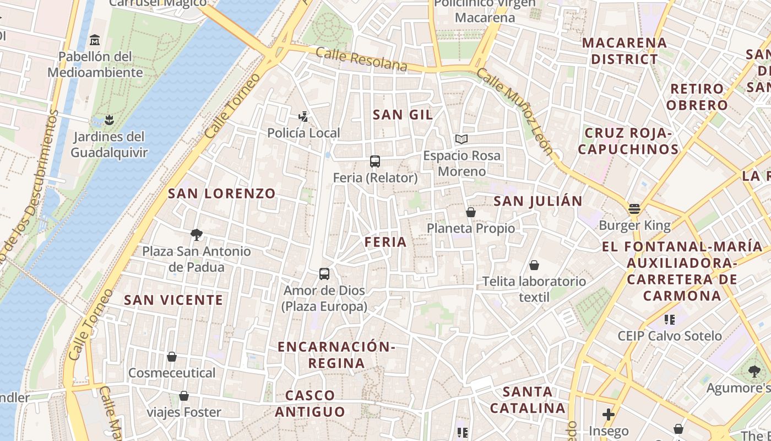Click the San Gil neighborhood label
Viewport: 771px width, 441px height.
tap(403, 115)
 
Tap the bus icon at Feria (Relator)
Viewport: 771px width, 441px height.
tap(375, 162)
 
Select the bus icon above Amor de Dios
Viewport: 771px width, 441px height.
tap(324, 273)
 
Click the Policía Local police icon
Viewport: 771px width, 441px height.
tap(303, 116)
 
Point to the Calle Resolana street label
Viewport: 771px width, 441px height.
tap(362, 59)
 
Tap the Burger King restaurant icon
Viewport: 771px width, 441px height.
tap(634, 209)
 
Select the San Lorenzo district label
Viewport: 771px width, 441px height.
tap(221, 193)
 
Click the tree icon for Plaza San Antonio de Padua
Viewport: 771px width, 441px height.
tap(196, 235)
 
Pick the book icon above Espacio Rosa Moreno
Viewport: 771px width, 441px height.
tap(461, 139)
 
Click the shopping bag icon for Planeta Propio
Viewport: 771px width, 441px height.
tap(471, 212)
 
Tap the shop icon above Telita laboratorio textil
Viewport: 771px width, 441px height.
tap(534, 265)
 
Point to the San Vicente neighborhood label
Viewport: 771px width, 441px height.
tap(173, 300)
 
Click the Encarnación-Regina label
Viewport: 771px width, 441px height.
tap(336, 354)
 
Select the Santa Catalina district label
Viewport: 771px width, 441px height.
tap(528, 400)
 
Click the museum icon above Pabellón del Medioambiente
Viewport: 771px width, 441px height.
tap(95, 40)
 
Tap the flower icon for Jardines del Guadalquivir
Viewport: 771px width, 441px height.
tap(109, 120)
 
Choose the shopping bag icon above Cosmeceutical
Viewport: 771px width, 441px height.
tap(172, 357)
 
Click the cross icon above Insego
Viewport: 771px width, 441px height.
tap(609, 414)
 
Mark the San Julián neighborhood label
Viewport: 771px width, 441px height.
tap(537, 201)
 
